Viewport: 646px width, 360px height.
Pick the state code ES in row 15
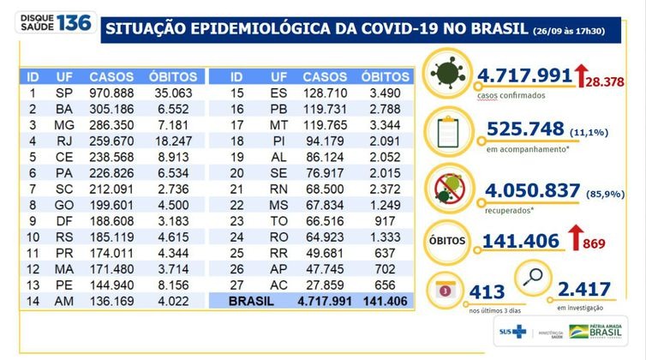(279, 92)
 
